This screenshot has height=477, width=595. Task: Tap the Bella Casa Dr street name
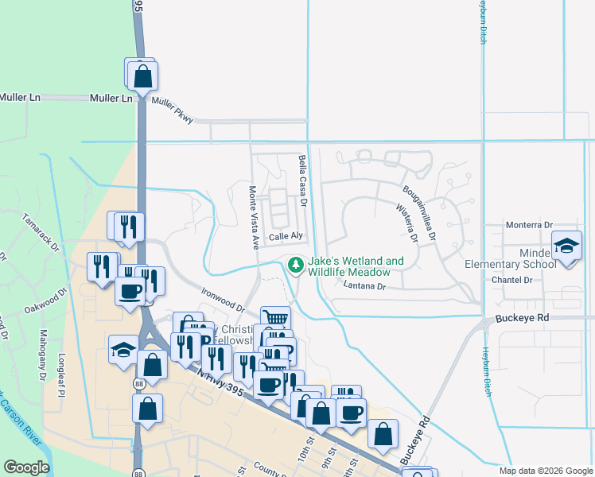(303, 180)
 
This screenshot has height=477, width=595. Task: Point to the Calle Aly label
(286, 236)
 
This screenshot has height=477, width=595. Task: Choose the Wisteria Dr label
(406, 223)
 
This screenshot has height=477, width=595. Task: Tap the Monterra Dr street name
(529, 226)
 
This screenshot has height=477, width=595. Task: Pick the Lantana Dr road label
(365, 285)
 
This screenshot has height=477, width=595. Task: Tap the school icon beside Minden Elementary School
(567, 246)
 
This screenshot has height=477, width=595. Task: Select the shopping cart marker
(275, 318)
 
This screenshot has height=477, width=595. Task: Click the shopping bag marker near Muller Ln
(143, 76)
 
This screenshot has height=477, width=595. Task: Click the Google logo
(27, 467)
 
